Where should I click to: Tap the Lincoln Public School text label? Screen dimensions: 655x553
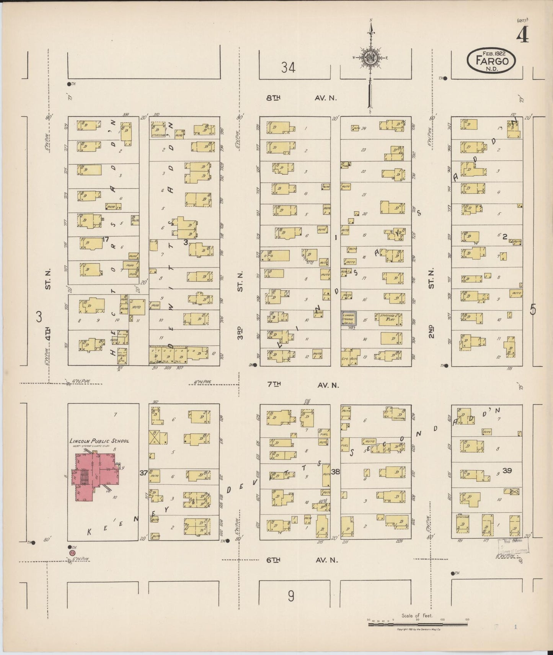[x=99, y=441]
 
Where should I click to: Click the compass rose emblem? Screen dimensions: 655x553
[x=370, y=57]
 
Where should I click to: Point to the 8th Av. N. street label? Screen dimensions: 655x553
[x=302, y=98]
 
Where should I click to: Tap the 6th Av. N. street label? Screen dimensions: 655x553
[x=302, y=560]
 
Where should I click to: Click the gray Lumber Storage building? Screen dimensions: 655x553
[x=349, y=319]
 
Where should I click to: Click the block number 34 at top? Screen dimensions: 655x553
[x=288, y=68]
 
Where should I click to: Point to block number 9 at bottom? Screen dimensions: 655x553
[x=291, y=596]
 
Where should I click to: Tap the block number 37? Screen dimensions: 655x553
[x=144, y=473]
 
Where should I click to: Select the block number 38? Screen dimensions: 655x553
[x=335, y=472]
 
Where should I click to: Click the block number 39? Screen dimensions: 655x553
[x=507, y=471]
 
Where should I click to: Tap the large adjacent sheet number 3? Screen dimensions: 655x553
[x=39, y=317]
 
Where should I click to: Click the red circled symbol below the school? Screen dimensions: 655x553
[x=72, y=553]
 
